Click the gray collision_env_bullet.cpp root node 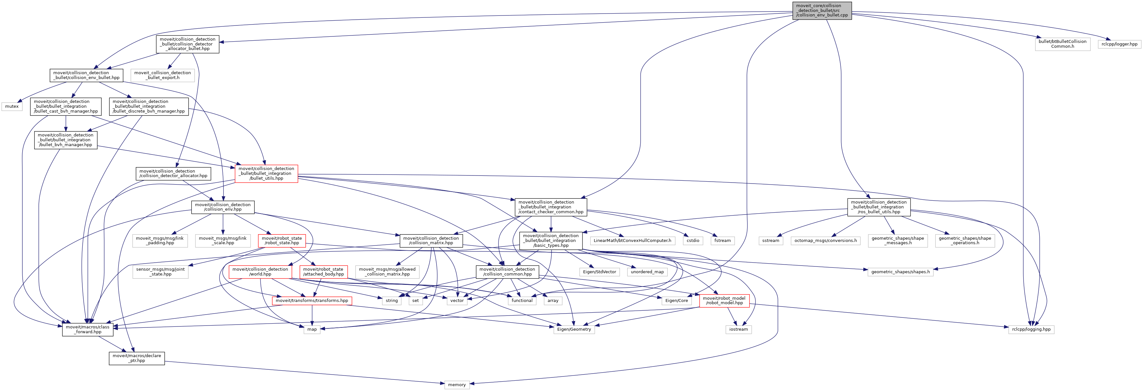click(822, 11)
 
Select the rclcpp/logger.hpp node click(1119, 44)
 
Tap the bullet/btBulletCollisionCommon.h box click(1062, 44)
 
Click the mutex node click(12, 106)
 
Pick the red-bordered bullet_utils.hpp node click(266, 173)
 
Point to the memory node click(457, 385)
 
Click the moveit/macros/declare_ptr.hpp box click(137, 358)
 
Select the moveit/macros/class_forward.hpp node click(88, 329)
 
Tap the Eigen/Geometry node click(574, 329)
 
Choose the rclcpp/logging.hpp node click(1031, 329)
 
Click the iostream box click(738, 329)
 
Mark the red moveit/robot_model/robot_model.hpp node click(724, 301)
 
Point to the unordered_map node click(647, 272)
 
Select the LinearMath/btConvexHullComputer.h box click(632, 241)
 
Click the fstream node click(722, 241)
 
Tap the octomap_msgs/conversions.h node click(825, 241)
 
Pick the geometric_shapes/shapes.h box click(900, 272)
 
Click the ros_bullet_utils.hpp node click(879, 207)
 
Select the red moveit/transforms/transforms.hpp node click(312, 301)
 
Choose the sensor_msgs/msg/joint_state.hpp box click(160, 272)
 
